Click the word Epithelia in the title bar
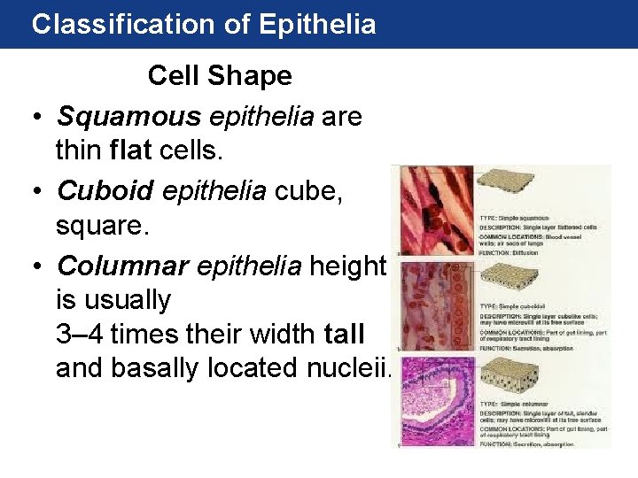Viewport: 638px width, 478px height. [318, 24]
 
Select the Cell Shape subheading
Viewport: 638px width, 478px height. [220, 75]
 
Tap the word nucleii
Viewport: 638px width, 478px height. [350, 367]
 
